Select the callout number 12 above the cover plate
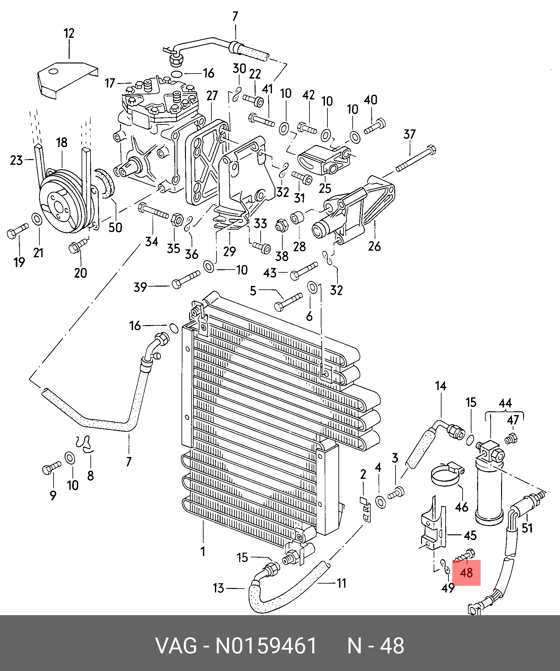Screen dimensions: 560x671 coord(69,33)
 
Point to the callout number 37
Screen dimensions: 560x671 coord(409,134)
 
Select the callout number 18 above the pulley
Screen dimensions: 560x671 coord(62,143)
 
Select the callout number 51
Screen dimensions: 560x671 coord(527,527)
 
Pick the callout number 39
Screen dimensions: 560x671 coord(141,287)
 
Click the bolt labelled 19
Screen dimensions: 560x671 coord(18,231)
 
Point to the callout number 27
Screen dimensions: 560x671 coord(212,96)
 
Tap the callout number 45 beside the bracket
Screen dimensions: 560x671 coord(470,535)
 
